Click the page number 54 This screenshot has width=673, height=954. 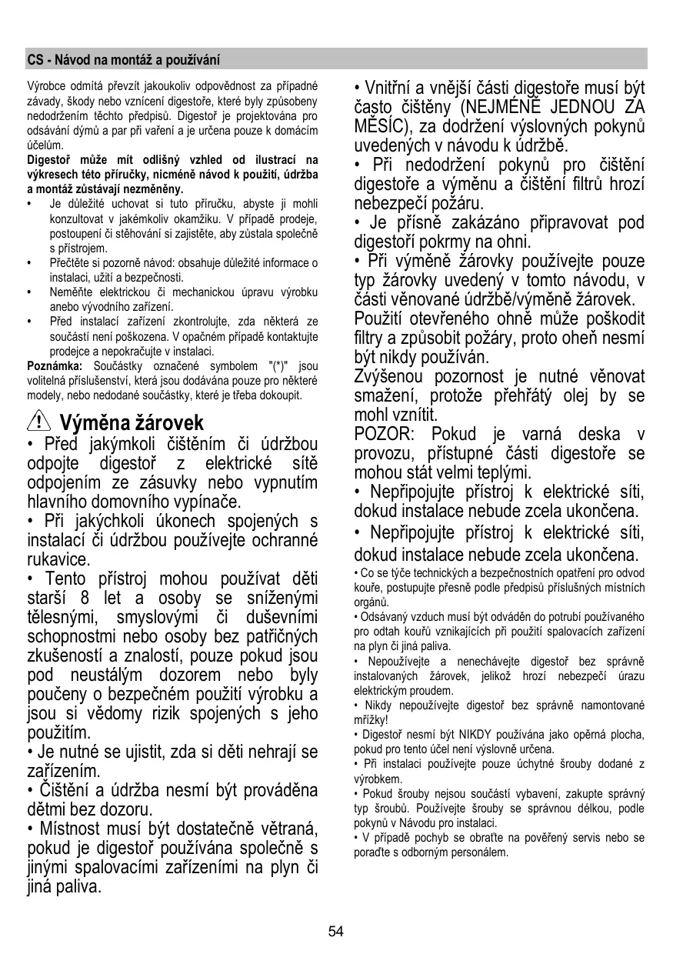[x=336, y=932]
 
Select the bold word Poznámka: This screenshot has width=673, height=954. [x=55, y=365]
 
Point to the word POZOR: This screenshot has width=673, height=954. [x=384, y=434]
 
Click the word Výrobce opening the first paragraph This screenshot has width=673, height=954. [x=45, y=84]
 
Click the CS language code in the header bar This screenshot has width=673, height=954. [x=34, y=59]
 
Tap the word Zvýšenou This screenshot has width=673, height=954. [x=389, y=377]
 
